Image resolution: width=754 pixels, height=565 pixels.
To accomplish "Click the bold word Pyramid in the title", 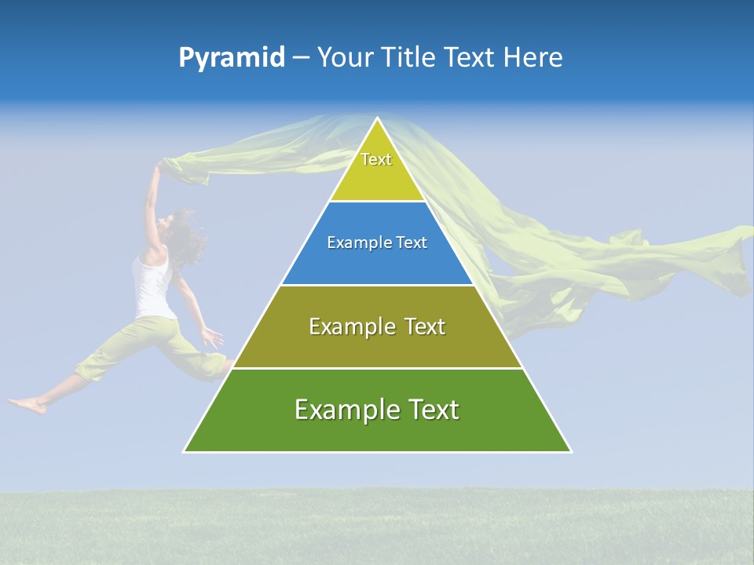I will [231, 58].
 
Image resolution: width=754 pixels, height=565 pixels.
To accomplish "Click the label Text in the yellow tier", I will [376, 159].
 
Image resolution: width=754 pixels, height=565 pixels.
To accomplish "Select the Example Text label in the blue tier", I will [377, 242].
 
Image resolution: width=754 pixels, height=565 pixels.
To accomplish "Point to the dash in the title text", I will [301, 58].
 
